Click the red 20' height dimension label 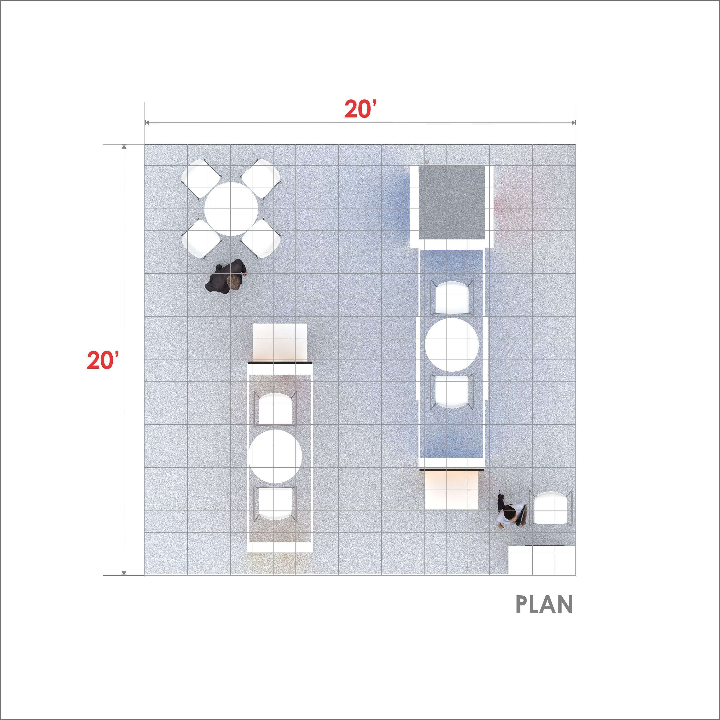[x=103, y=360]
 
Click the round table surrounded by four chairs [x=231, y=209]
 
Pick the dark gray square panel [x=452, y=202]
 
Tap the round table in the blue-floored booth [x=452, y=344]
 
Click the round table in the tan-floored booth [x=275, y=457]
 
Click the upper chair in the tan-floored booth [x=275, y=409]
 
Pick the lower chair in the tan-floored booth [x=275, y=503]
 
